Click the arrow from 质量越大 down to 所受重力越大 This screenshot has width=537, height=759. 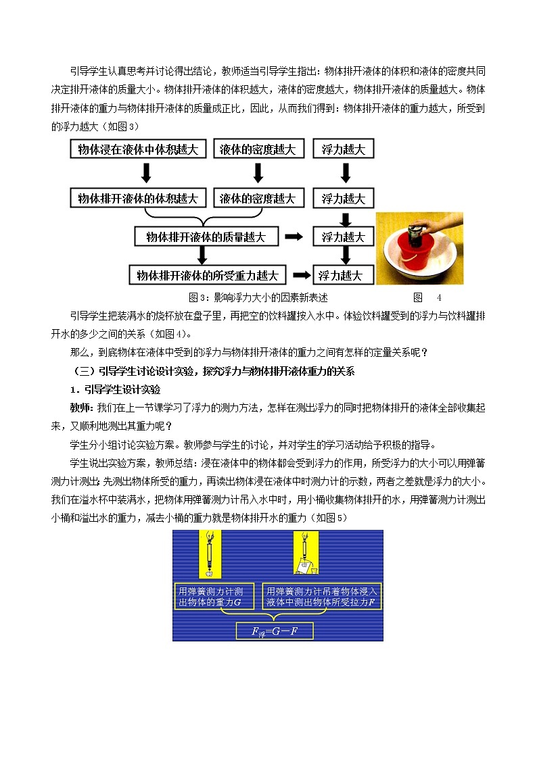[x=201, y=255]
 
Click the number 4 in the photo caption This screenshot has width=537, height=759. [x=438, y=297]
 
